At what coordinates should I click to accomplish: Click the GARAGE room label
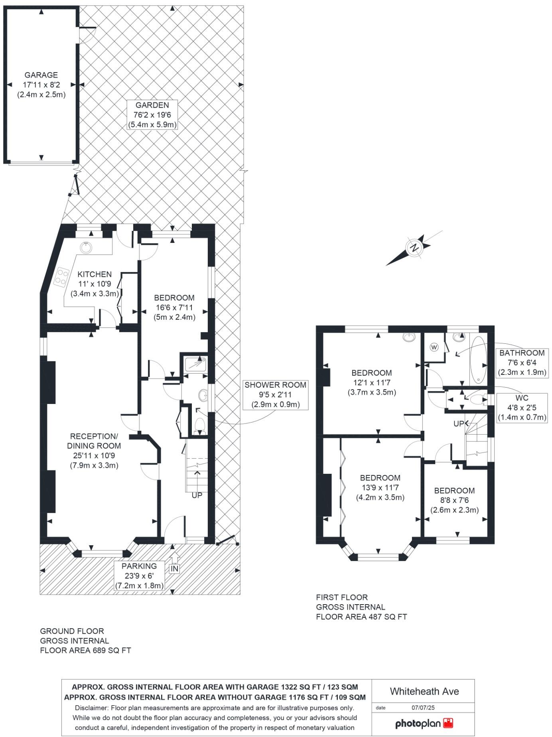[41, 75]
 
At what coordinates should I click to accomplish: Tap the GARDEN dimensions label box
[152, 115]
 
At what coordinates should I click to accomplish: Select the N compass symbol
[415, 248]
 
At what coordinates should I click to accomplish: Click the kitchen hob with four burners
[61, 276]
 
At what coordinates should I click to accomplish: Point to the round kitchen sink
[86, 248]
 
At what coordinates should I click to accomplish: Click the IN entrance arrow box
[174, 568]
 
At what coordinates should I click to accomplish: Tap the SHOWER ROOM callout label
[276, 394]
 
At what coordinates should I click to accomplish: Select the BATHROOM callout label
[522, 362]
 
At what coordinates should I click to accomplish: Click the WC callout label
[522, 408]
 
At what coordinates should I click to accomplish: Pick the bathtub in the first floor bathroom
[478, 359]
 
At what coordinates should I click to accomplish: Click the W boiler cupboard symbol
[434, 347]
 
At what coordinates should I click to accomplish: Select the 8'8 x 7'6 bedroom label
[454, 500]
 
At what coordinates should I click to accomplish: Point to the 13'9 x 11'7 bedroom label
[380, 487]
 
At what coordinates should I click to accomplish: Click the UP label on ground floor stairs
[197, 495]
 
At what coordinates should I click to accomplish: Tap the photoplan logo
[424, 723]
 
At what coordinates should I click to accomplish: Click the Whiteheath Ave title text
[424, 691]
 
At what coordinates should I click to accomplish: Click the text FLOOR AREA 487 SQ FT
[361, 617]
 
